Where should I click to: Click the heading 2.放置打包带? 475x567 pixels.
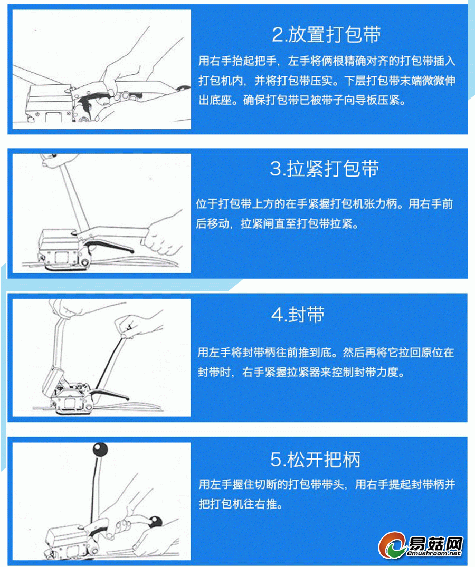[326, 35]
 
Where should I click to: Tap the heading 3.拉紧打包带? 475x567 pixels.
[325, 169]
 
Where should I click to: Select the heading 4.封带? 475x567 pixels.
[298, 314]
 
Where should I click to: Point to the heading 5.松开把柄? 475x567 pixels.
[315, 460]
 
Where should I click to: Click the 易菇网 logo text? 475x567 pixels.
[436, 543]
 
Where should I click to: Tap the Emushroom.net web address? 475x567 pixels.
[434, 553]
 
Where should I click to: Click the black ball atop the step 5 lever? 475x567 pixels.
[100, 449]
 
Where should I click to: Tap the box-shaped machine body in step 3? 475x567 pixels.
[60, 249]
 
